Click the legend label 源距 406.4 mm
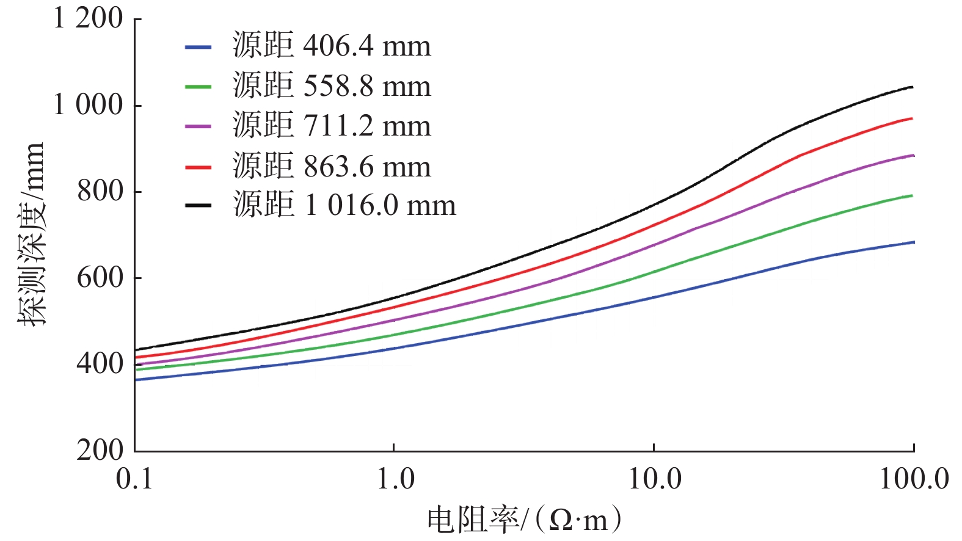[332, 46]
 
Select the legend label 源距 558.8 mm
[332, 86]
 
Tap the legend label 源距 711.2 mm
[332, 126]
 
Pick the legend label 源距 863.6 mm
[332, 166]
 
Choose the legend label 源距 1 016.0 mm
[344, 205]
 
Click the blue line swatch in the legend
[199, 46]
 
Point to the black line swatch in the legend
[199, 206]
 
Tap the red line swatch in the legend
[199, 166]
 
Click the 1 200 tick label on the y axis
[88, 18]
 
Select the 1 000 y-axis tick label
[88, 105]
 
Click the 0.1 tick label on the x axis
[134, 479]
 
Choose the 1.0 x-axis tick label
[395, 479]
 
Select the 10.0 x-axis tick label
[655, 479]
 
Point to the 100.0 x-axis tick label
[914, 479]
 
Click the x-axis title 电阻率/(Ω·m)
[524, 520]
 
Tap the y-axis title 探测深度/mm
[31, 234]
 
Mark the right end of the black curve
[913, 87]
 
